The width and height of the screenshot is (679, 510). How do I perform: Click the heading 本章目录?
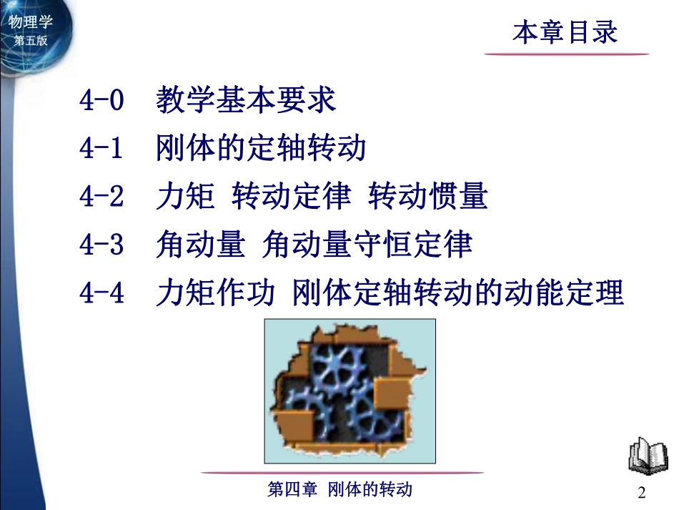pyautogui.click(x=565, y=32)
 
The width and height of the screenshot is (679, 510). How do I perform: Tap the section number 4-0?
pyautogui.click(x=102, y=101)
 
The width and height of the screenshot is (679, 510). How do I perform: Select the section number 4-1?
pyautogui.click(x=102, y=149)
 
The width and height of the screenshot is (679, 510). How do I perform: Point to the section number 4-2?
pyautogui.click(x=102, y=197)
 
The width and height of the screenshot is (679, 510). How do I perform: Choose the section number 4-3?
pyautogui.click(x=102, y=245)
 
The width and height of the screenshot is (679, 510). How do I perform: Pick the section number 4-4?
pyautogui.click(x=102, y=293)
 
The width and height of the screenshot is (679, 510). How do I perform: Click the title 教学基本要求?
pyautogui.click(x=246, y=101)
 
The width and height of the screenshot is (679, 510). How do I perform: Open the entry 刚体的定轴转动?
pyautogui.click(x=261, y=149)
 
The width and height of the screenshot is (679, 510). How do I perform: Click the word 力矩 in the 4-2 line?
pyautogui.click(x=185, y=197)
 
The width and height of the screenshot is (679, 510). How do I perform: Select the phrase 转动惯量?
pyautogui.click(x=428, y=197)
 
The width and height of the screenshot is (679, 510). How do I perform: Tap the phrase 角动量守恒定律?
pyautogui.click(x=367, y=245)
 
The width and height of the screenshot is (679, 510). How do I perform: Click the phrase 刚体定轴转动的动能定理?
pyautogui.click(x=459, y=293)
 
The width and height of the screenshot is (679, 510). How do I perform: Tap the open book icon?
pyautogui.click(x=648, y=456)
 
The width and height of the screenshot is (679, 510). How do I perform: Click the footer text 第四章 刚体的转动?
pyautogui.click(x=339, y=490)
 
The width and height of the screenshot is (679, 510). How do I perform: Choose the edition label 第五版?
pyautogui.click(x=31, y=41)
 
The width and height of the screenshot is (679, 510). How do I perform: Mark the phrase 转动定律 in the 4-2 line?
pyautogui.click(x=292, y=197)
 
